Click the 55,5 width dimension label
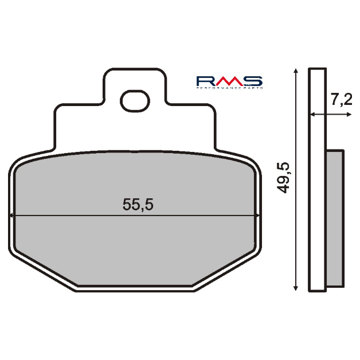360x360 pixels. tap(138, 204)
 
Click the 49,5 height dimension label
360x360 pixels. tap(283, 177)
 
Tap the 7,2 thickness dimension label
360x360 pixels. tap(341, 100)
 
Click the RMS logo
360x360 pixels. tap(229, 82)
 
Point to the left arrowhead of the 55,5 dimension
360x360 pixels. tap(11, 216)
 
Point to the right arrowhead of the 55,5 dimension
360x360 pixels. tap(257, 216)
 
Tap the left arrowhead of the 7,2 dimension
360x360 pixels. tap(312, 115)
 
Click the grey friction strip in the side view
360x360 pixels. tap(335, 218)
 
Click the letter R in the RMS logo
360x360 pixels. tap(206, 81)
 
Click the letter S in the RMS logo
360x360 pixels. tap(252, 81)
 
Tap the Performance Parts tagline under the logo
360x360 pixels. tap(229, 87)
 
